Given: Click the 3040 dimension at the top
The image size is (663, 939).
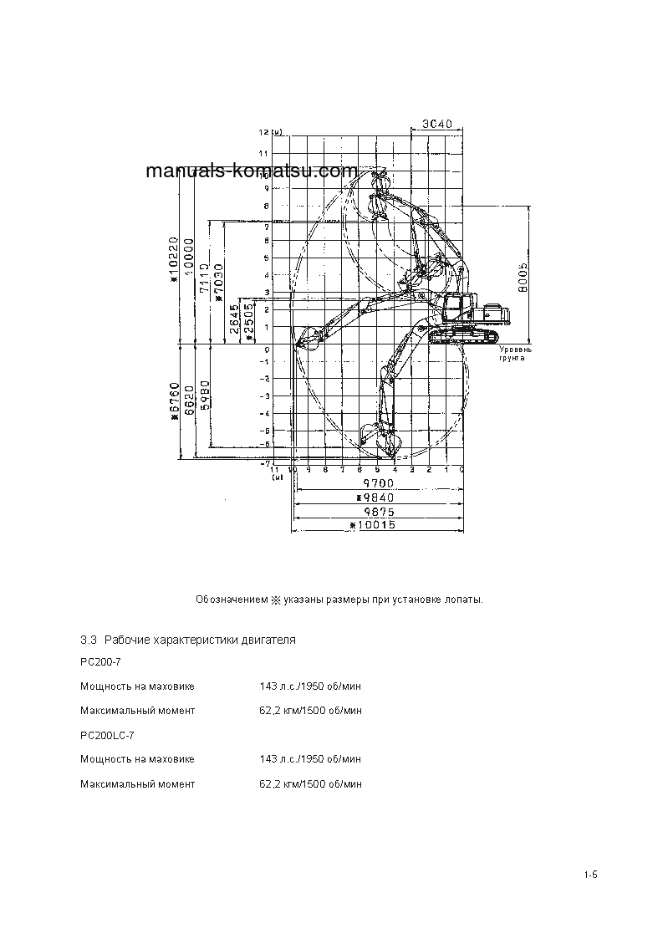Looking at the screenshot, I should (436, 124).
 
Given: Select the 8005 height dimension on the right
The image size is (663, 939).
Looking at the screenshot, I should (520, 272).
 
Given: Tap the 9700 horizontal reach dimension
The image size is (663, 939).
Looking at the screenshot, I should (378, 484).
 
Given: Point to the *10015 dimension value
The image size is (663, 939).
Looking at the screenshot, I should (377, 525).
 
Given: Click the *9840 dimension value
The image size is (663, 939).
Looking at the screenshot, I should (377, 498).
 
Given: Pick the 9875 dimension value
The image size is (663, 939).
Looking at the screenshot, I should (378, 511).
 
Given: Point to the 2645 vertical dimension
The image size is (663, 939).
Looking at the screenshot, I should (233, 318).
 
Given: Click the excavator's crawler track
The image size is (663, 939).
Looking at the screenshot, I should (465, 336).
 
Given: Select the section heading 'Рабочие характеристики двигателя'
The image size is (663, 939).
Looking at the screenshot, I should (200, 640).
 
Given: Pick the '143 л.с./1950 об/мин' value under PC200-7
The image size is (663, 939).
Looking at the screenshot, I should (310, 686).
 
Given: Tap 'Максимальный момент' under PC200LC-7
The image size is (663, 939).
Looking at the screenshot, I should (137, 784).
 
